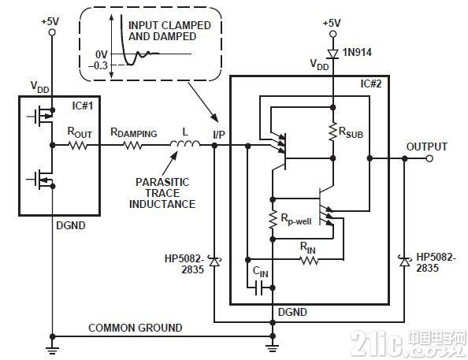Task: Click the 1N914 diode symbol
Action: click(x=332, y=54)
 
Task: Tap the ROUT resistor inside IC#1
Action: click(x=78, y=146)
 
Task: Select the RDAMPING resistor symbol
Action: click(x=132, y=146)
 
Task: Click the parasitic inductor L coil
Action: click(x=185, y=144)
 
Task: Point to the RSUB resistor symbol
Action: click(x=332, y=131)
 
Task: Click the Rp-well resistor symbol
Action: click(x=273, y=220)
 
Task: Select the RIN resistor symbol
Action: click(x=309, y=260)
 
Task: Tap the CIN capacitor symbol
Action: click(x=258, y=288)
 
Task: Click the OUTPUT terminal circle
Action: click(x=429, y=158)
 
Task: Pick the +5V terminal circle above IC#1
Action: click(x=52, y=32)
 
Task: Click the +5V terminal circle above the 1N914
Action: click(x=332, y=34)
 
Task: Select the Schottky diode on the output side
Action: click(x=404, y=262)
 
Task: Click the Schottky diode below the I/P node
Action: click(x=214, y=262)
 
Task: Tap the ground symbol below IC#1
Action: click(x=52, y=350)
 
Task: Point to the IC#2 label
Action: click(x=371, y=84)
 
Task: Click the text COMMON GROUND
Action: click(x=136, y=328)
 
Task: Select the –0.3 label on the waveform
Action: click(x=98, y=65)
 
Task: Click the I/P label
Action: click(x=219, y=135)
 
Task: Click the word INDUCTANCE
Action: click(x=162, y=204)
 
